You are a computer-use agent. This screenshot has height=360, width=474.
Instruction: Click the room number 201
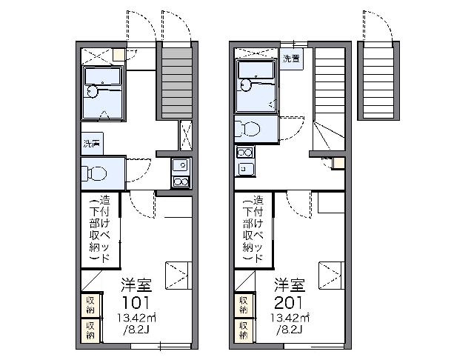click(289, 302)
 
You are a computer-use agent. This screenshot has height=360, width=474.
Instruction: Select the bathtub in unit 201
click(256, 70)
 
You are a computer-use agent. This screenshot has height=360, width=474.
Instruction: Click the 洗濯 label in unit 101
click(92, 143)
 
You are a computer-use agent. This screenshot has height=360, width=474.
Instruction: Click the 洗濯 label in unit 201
click(291, 59)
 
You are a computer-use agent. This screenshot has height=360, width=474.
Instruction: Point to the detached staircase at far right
click(378, 81)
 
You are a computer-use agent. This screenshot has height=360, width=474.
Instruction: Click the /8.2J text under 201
click(287, 331)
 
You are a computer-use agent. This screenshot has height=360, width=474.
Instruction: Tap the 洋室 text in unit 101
click(136, 285)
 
